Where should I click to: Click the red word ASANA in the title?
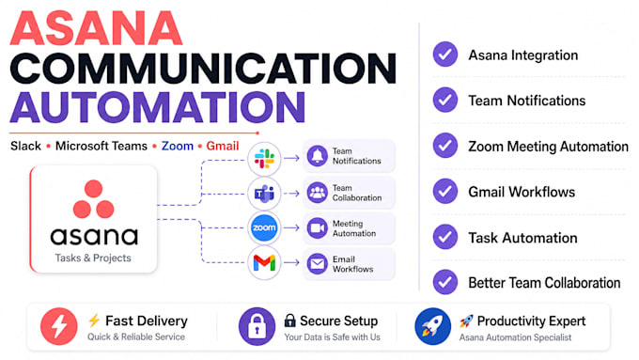click(x=96, y=28)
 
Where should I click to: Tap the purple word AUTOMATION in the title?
click(x=158, y=107)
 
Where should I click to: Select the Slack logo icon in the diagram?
click(x=264, y=159)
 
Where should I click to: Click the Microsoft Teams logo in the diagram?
click(x=264, y=194)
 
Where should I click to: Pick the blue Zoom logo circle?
click(x=264, y=227)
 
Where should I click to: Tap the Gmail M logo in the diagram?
click(x=264, y=263)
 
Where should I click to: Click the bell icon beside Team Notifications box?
click(x=317, y=156)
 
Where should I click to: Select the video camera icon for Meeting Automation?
click(x=317, y=227)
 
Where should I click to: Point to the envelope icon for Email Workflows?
click(x=317, y=264)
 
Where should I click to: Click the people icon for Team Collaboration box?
click(x=317, y=193)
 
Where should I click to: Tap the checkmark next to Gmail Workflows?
click(x=445, y=191)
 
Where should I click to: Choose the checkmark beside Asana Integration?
click(x=445, y=55)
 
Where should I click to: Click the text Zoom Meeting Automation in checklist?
click(x=548, y=147)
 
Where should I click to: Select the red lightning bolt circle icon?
click(x=58, y=326)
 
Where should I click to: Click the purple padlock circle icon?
click(x=257, y=326)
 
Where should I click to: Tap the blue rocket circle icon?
click(x=433, y=326)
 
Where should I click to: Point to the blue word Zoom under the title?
click(x=178, y=146)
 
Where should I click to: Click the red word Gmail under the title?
click(x=223, y=146)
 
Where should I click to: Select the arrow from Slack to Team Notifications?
click(x=291, y=158)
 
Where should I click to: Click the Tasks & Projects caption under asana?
click(x=93, y=258)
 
